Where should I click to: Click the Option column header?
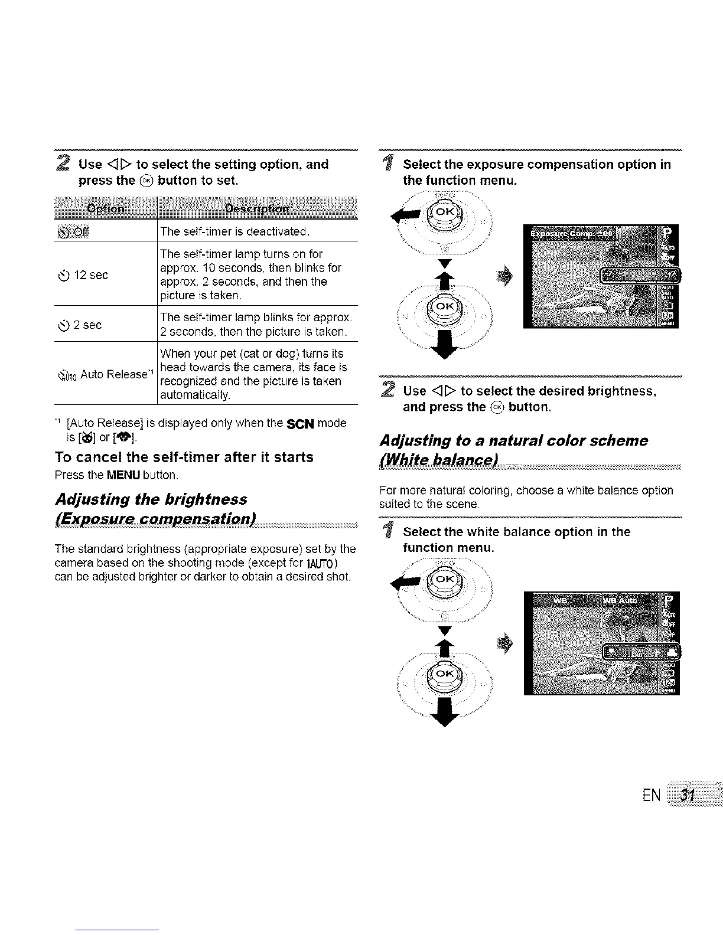(x=106, y=208)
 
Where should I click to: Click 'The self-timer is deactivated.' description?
(x=235, y=231)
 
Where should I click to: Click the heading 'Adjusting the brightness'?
(x=151, y=499)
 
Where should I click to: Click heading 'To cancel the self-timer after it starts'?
(x=184, y=457)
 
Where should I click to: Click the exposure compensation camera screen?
(x=601, y=276)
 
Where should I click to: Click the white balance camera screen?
(x=601, y=642)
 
